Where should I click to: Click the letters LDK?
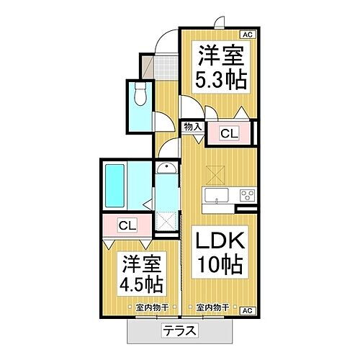click(219, 240)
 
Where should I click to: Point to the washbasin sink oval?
click(166, 171)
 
